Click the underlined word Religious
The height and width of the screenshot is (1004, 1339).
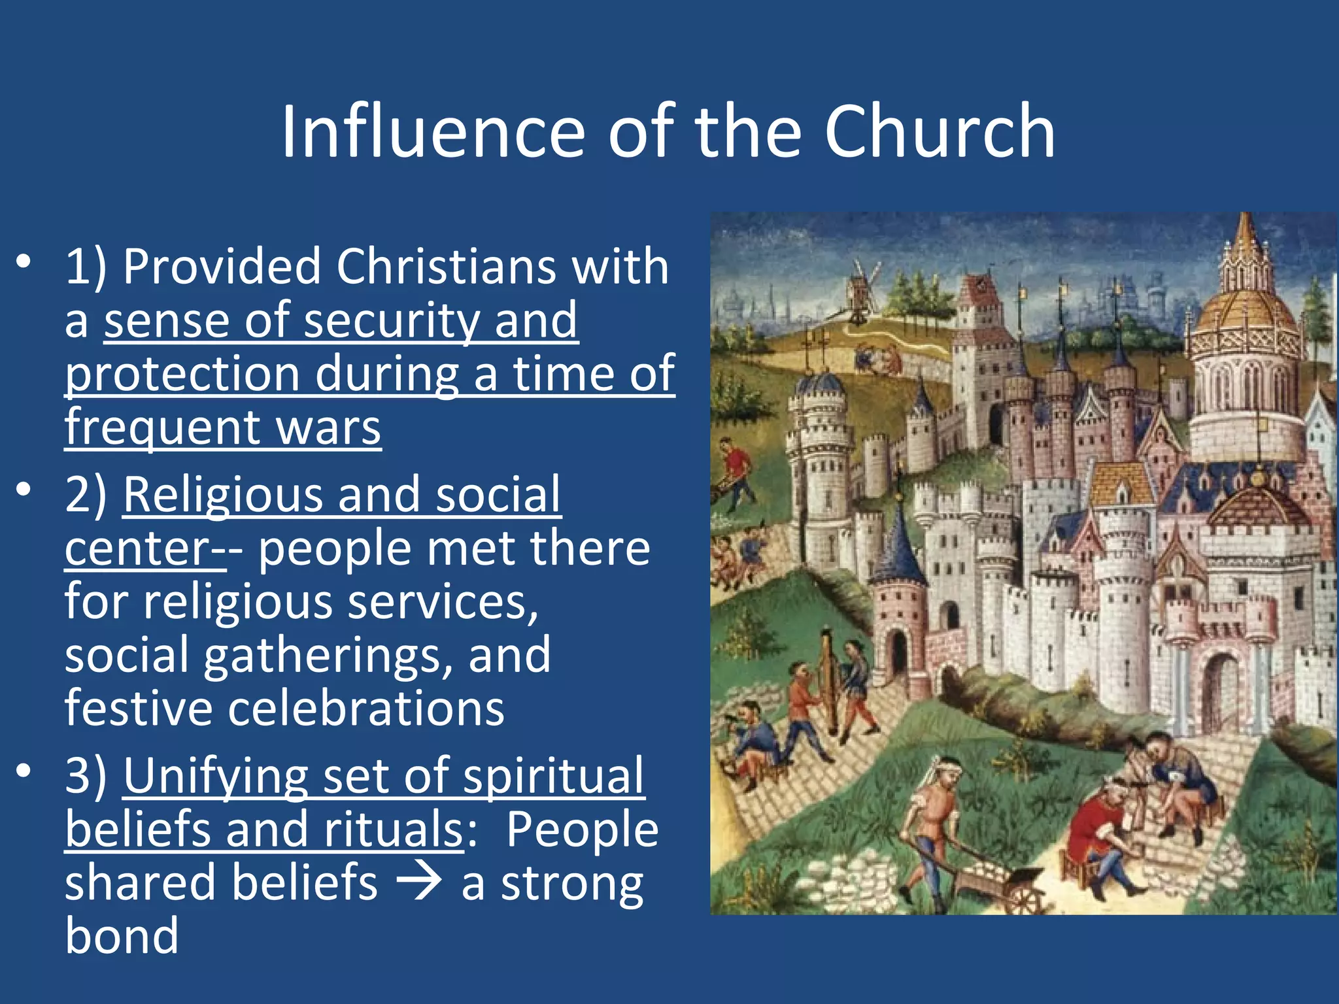point(222,495)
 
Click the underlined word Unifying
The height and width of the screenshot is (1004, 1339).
point(215,776)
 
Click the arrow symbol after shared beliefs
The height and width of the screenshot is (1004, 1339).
point(419,882)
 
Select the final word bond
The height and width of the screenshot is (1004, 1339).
point(122,936)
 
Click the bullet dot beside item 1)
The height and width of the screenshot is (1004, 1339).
point(24,262)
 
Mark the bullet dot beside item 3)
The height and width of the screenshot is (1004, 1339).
point(24,771)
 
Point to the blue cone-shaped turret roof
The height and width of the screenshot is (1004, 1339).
point(900,549)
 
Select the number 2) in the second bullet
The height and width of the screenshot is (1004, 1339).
point(86,495)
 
